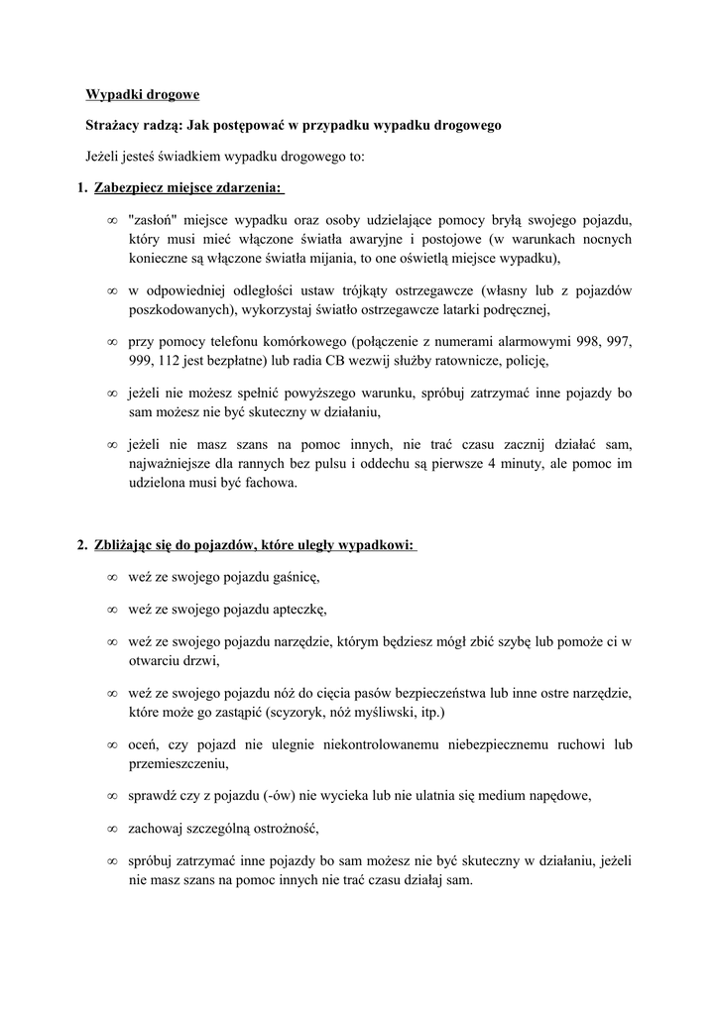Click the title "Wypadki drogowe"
pos(142,95)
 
